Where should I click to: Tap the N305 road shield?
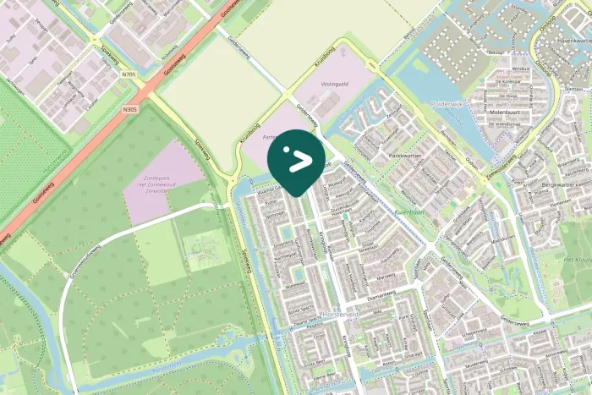(129, 109)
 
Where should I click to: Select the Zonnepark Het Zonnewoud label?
(162, 187)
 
